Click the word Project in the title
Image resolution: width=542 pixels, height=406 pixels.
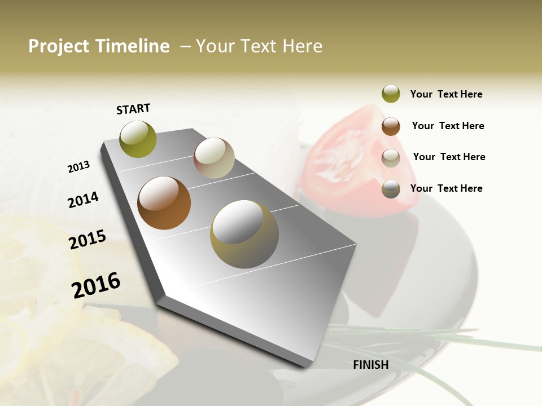coord(58,46)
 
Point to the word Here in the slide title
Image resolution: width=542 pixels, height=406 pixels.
coord(302,46)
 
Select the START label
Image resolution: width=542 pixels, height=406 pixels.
coord(133,109)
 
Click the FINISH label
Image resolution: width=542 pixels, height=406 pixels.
coord(371,365)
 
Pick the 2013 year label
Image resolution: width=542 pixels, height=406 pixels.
coord(78,167)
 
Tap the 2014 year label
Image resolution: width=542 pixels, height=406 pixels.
coord(83,200)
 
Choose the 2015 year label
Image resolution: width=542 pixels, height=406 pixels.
coord(88,240)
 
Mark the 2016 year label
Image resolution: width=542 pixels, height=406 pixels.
coord(96,285)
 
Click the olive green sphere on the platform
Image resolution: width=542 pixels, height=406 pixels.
coord(138,139)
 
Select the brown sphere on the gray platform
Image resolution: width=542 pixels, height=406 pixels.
coord(164,203)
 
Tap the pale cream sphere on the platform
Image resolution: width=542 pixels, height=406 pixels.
coord(214,158)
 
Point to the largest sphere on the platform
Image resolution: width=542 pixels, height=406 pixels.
coord(244,234)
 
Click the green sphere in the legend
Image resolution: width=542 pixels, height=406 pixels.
coord(391,94)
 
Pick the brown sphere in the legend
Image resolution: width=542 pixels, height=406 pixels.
coord(391,126)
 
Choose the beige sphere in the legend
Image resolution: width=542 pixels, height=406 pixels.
coord(391,158)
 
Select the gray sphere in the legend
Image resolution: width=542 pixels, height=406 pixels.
coord(391,189)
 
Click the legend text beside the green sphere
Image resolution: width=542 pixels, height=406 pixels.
coord(446,94)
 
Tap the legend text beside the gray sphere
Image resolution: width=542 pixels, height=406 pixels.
coord(446,188)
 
